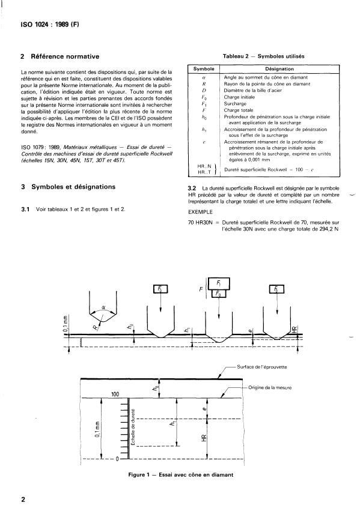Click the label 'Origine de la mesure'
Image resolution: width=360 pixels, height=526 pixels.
(270, 388)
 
